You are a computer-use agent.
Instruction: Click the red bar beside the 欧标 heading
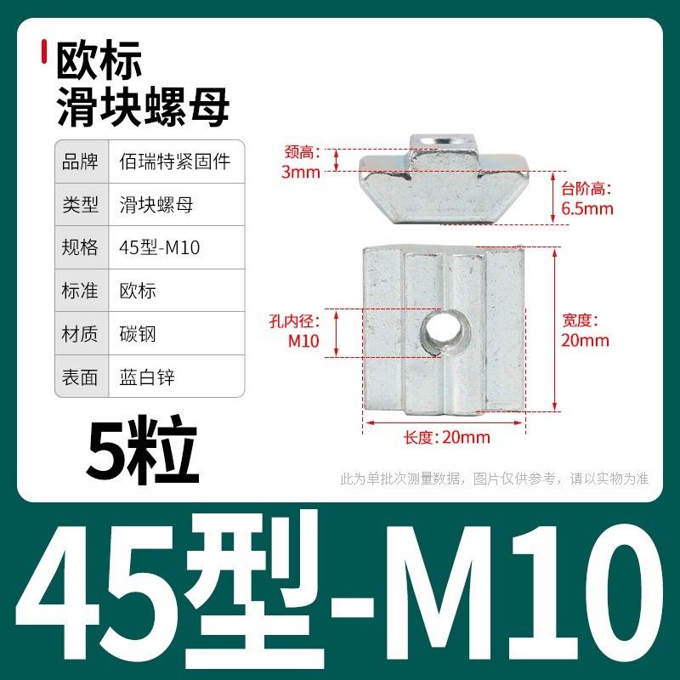(x=44, y=52)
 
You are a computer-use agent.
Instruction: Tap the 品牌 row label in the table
(x=80, y=161)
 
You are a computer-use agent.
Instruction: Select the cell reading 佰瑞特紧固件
(x=174, y=161)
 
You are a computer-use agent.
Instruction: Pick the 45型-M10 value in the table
(x=159, y=247)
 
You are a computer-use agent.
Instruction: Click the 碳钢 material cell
(x=138, y=334)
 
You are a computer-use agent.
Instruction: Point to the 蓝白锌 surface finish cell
(x=147, y=377)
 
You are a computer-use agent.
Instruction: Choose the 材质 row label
(x=80, y=334)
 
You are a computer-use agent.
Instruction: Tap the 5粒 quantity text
(x=142, y=450)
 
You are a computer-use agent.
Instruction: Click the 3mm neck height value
(x=301, y=173)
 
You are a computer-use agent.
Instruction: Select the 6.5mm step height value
(x=587, y=208)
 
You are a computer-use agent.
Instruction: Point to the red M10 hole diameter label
(x=303, y=341)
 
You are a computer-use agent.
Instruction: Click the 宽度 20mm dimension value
(x=585, y=340)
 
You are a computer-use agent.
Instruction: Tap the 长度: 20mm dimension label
(x=447, y=437)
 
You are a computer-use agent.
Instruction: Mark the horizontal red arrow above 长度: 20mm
(x=444, y=422)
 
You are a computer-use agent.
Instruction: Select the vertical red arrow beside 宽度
(x=555, y=330)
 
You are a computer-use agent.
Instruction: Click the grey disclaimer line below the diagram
(x=495, y=479)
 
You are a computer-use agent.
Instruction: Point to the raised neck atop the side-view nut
(x=444, y=153)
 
